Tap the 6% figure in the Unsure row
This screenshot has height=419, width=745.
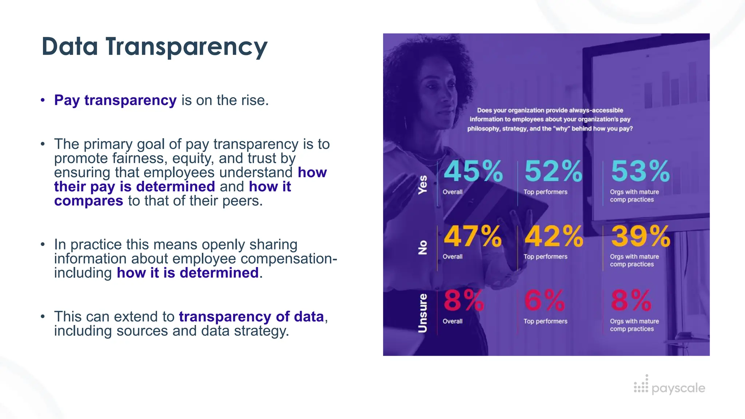[x=544, y=301]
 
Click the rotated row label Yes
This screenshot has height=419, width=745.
[x=422, y=184]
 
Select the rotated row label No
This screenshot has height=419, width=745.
[x=422, y=247]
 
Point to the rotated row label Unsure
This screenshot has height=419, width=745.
[x=422, y=313]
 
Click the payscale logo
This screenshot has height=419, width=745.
[x=669, y=387]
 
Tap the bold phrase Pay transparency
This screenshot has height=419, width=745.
[x=115, y=100]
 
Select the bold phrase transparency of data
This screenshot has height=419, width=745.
[x=251, y=317]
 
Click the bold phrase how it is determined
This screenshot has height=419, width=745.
[x=188, y=273]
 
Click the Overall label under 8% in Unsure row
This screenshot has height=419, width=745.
[x=453, y=322]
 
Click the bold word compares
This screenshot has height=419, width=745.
[x=89, y=201]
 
